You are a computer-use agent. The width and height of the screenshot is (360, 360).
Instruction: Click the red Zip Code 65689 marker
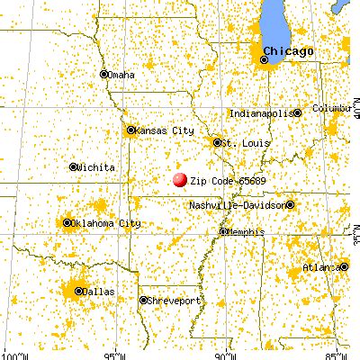(180, 181)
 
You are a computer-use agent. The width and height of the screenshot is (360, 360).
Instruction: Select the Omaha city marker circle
(104, 75)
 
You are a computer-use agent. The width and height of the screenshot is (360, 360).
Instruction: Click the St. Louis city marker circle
(216, 141)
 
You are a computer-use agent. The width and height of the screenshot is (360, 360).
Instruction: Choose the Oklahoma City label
(110, 222)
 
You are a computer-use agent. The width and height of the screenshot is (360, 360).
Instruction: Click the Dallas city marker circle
(78, 292)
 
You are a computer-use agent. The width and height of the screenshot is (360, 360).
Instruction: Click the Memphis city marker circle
(222, 232)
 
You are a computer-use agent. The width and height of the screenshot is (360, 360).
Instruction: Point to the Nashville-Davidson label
(237, 205)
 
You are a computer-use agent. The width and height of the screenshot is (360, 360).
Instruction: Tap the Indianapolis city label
(261, 113)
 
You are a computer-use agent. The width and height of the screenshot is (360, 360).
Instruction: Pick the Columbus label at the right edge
(329, 108)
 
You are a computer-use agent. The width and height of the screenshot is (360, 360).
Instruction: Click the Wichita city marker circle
(73, 166)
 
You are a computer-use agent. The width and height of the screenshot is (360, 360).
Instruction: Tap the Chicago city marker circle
(264, 60)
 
